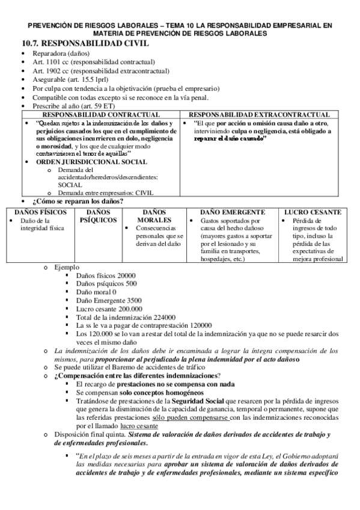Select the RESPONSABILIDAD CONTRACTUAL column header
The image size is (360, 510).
tap(101, 114)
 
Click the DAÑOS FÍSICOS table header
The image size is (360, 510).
tap(37, 212)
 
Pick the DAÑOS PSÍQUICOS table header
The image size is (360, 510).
tap(98, 217)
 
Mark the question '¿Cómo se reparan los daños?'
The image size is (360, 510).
tap(78, 201)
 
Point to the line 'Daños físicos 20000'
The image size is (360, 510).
tap(106, 275)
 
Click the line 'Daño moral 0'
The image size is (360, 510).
tap(96, 292)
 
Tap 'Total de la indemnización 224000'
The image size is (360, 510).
tap(126, 316)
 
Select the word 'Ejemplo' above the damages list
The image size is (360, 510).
tap(66, 266)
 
